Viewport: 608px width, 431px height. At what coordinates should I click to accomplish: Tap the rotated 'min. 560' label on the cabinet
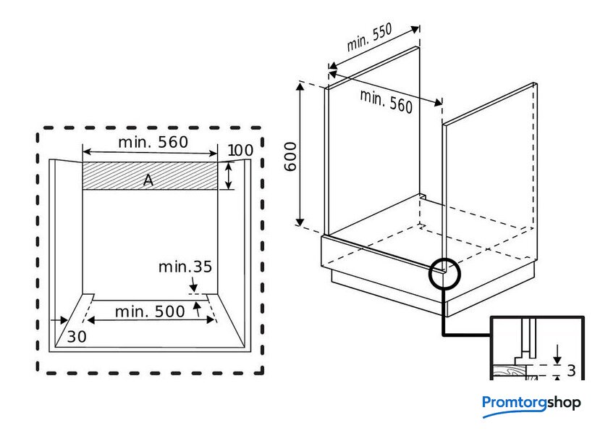pos(386,101)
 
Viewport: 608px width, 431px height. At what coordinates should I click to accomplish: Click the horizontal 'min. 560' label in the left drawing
pos(153,142)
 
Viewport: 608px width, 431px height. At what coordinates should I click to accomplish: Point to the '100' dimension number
pos(240,151)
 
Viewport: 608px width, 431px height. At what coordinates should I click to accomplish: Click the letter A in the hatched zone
pos(148,180)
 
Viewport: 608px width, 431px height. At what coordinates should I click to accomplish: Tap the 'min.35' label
pos(185,267)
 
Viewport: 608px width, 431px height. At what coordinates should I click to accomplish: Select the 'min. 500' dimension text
pos(150,312)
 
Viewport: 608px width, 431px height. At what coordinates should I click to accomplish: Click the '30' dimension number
pos(76,336)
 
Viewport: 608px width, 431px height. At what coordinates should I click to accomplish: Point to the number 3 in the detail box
pos(571,371)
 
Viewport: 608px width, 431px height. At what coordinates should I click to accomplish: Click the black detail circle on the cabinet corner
pos(444,274)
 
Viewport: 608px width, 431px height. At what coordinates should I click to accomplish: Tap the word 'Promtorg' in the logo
pos(514,403)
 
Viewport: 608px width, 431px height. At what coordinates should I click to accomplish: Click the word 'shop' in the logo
pos(564,403)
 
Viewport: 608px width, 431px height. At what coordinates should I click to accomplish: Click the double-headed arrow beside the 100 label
pos(229,176)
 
